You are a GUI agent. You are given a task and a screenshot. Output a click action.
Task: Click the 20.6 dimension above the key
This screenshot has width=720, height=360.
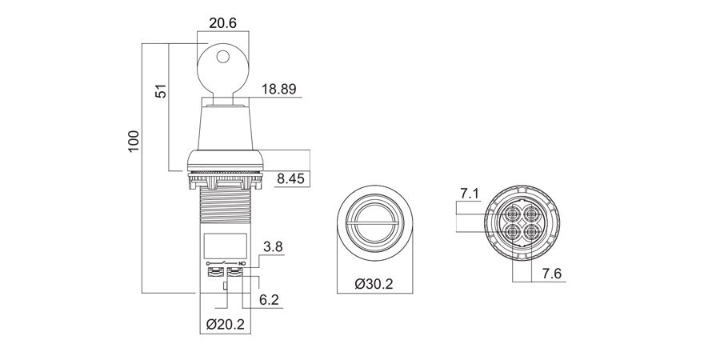tap(222, 23)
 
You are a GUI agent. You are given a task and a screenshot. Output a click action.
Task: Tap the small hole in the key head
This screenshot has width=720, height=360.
tap(222, 57)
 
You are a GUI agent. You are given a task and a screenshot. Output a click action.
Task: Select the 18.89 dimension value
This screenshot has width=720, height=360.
tap(278, 89)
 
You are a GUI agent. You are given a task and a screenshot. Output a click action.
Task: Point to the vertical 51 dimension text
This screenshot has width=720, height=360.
tap(161, 91)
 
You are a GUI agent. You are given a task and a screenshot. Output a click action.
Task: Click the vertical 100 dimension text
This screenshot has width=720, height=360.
tap(133, 142)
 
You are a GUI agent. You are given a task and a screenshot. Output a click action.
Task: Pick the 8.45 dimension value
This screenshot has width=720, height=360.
tap(290, 178)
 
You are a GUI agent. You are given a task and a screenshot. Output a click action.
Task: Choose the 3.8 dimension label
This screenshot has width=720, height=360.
tap(273, 247)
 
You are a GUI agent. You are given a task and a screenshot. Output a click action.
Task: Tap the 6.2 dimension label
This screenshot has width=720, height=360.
tap(269, 300)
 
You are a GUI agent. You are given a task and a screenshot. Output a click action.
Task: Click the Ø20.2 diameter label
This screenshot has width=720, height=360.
tap(225, 325)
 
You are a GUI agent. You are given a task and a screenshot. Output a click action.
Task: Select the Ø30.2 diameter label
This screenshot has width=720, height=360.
tap(374, 284)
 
